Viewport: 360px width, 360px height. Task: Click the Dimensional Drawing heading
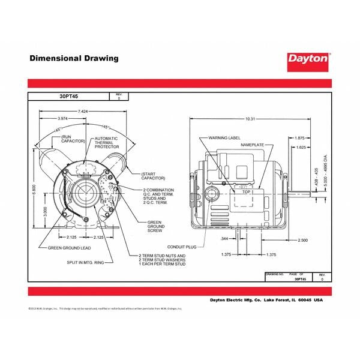click(74, 59)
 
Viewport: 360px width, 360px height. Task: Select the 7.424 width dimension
click(82, 112)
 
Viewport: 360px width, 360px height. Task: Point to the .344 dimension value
click(208, 239)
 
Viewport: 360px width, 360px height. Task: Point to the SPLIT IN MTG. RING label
click(83, 262)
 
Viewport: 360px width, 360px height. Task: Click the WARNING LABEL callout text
click(220, 137)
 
